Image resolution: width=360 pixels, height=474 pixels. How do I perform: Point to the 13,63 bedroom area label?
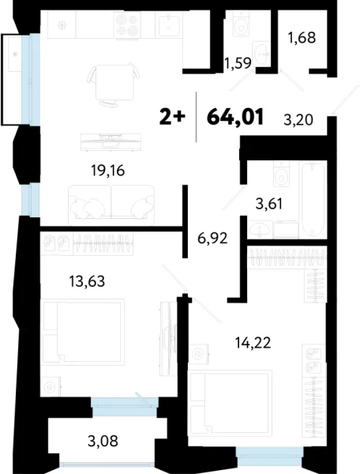point(81,279)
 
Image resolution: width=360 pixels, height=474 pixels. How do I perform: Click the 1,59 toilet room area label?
point(238,64)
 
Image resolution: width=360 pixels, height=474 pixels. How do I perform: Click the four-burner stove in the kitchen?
point(127,27)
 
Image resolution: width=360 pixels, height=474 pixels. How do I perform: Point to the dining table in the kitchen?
point(107,81)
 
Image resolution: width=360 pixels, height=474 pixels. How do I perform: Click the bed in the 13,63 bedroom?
point(83,332)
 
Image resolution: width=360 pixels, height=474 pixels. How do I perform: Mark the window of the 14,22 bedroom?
point(269,452)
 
